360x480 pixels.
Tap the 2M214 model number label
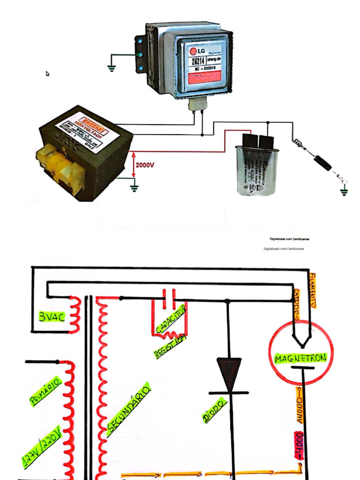click(x=197, y=61)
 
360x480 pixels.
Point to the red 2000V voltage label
click(x=144, y=165)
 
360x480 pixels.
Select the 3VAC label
click(x=52, y=318)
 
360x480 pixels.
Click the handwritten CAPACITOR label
click(x=171, y=319)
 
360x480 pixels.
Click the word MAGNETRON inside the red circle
click(x=301, y=359)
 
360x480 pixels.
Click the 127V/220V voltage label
click(x=41, y=447)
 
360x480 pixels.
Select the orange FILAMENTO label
click(x=313, y=291)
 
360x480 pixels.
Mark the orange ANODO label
click(x=299, y=405)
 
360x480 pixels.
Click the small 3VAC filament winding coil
click(x=75, y=314)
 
